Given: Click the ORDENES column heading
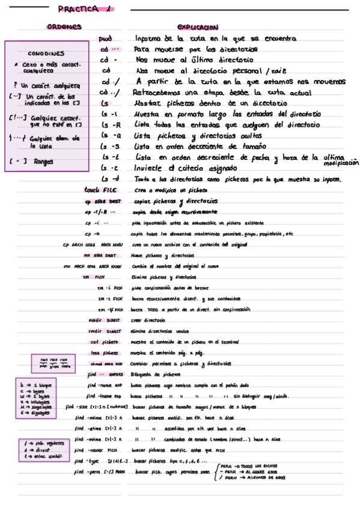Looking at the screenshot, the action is point(64,27).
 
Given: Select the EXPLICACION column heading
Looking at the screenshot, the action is point(197,28).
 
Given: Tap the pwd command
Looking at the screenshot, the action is point(106,38).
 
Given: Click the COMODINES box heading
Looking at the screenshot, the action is point(46,53).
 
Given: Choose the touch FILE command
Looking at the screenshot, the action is point(102,190).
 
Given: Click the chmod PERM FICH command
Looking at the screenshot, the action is point(105,364).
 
